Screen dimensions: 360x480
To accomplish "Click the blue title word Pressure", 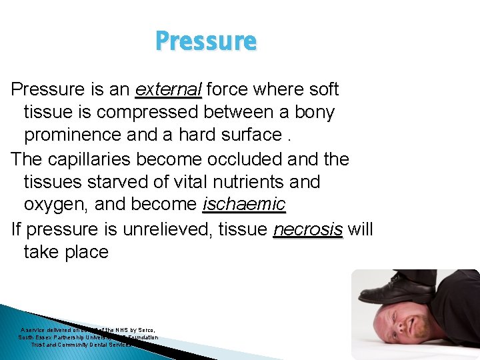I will [205, 41].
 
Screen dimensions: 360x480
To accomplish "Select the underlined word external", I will [168, 89].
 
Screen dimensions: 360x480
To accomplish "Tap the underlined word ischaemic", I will [244, 204].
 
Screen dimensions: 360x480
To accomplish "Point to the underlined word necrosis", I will [308, 230].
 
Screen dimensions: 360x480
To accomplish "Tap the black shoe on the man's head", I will [393, 287].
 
